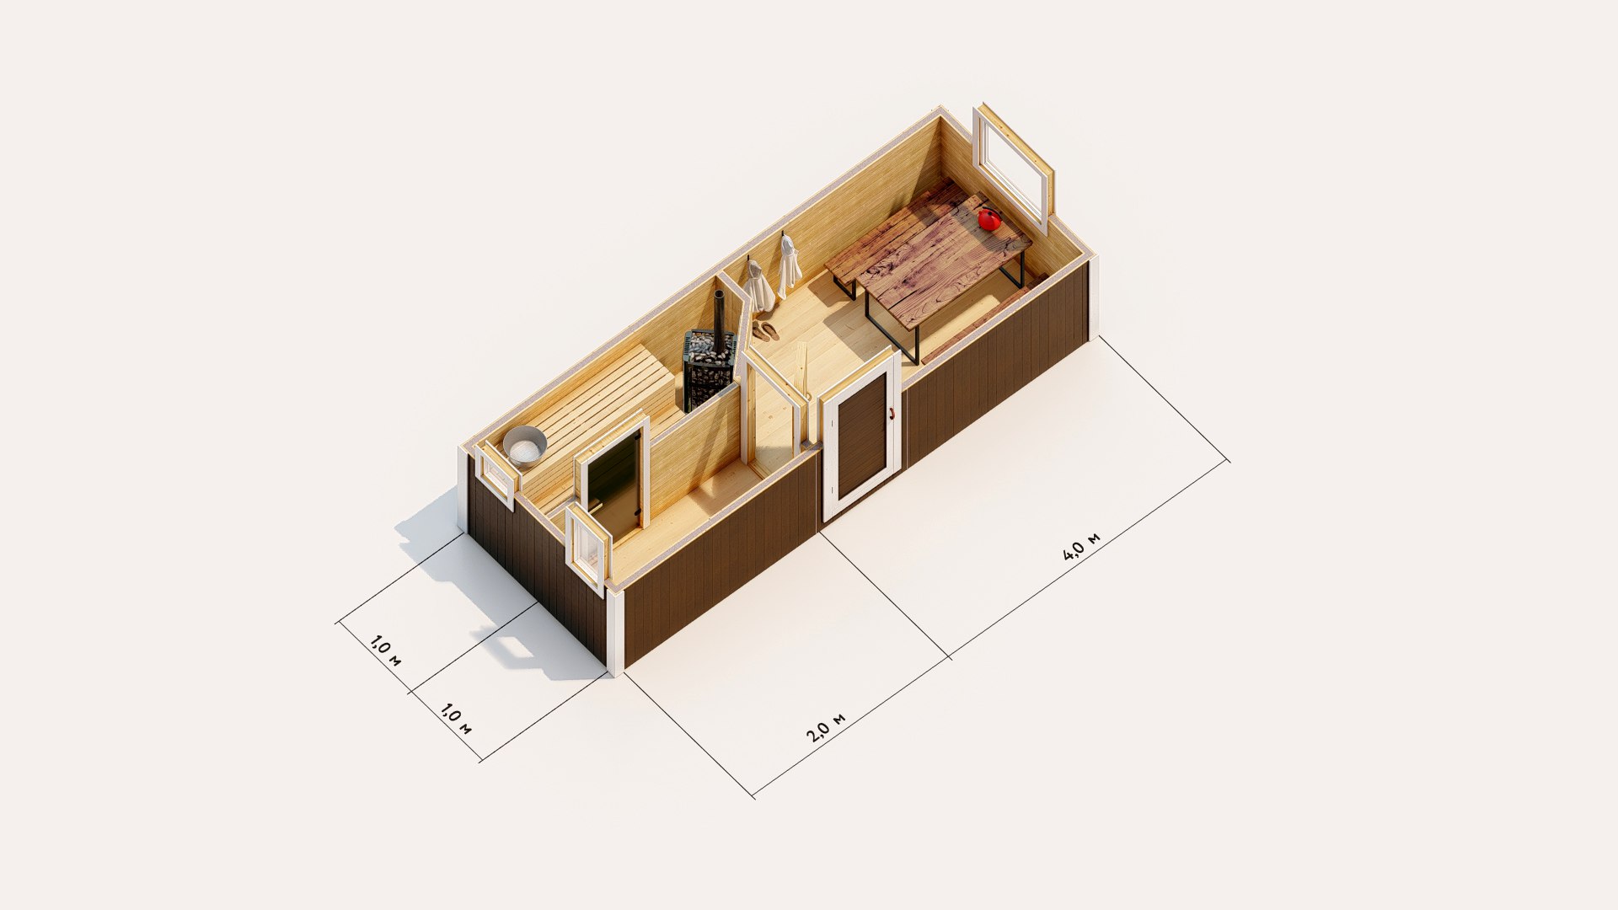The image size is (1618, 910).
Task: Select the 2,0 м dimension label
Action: click(x=826, y=727)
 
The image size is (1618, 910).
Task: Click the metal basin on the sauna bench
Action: click(x=525, y=446)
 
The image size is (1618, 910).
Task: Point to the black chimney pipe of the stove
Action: click(x=719, y=315)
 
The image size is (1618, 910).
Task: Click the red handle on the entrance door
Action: click(x=890, y=412)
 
